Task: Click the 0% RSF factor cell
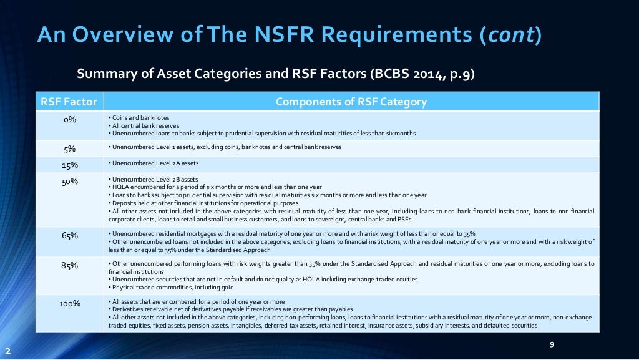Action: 69,120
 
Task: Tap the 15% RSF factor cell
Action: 69,165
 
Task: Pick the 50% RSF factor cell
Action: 69,182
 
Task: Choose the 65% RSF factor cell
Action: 69,236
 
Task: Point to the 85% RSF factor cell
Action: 69,265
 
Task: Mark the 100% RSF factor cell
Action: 69,304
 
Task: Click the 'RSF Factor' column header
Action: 69,102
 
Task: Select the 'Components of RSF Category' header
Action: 351,102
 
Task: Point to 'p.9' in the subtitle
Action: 459,75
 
